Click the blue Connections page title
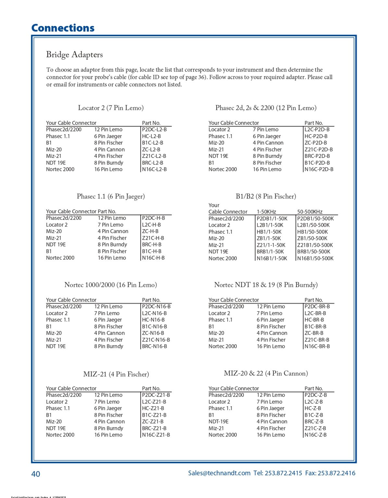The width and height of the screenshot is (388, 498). coord(63,28)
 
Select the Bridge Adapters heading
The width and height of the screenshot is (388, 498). coord(74,54)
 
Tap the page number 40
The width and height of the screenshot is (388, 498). coord(35,474)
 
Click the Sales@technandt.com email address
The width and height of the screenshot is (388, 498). coord(219,473)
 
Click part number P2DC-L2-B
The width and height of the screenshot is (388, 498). coord(154,129)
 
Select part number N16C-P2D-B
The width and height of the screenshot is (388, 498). coord(319,169)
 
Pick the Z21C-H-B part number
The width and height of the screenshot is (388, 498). coord(153,238)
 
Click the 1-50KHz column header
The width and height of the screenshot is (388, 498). coord(266,212)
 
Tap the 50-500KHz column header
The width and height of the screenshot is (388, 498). coord(310,212)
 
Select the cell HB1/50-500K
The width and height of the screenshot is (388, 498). coord(312,232)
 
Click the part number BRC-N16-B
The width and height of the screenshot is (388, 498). coord(155,346)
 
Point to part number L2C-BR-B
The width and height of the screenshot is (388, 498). coord(315,313)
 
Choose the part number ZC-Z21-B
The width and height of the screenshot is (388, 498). coord(153,421)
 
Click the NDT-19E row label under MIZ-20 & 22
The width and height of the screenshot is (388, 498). coord(219,421)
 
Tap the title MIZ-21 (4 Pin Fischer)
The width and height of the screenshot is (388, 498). coord(116,374)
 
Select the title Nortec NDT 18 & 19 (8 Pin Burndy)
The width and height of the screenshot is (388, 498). coord(266,285)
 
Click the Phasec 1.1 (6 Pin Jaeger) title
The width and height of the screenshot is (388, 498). coord(111,196)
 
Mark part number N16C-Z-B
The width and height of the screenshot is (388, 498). coord(316,435)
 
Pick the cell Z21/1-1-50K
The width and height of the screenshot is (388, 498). coord(271,245)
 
